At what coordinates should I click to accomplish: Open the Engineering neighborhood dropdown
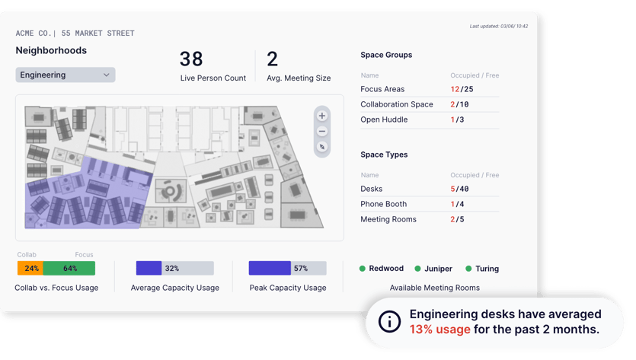coord(66,75)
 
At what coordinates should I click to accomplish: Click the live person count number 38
coord(191,59)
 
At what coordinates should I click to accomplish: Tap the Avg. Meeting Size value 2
coord(272,59)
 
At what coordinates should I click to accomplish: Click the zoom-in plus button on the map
coord(322,116)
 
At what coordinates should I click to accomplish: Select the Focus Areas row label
coord(382,89)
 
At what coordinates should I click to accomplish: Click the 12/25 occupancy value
coord(462,89)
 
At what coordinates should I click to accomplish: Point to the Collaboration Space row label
coord(397,104)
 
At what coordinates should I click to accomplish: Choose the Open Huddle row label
coord(385,119)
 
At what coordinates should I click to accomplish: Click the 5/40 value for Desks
coord(459,189)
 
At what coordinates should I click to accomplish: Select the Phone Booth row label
coord(384,204)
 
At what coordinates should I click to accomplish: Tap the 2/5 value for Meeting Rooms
coord(457,219)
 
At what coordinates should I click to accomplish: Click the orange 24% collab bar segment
coord(30,268)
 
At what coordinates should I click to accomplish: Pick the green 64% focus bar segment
coord(69,268)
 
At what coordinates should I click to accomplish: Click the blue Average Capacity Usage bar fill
coord(149,268)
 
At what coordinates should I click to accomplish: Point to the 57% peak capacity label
coord(301,268)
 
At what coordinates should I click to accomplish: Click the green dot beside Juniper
coord(417,269)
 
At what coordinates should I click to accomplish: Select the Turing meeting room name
coord(487,269)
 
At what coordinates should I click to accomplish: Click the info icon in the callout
coord(389,322)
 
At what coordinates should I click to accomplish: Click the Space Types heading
coord(384,155)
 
